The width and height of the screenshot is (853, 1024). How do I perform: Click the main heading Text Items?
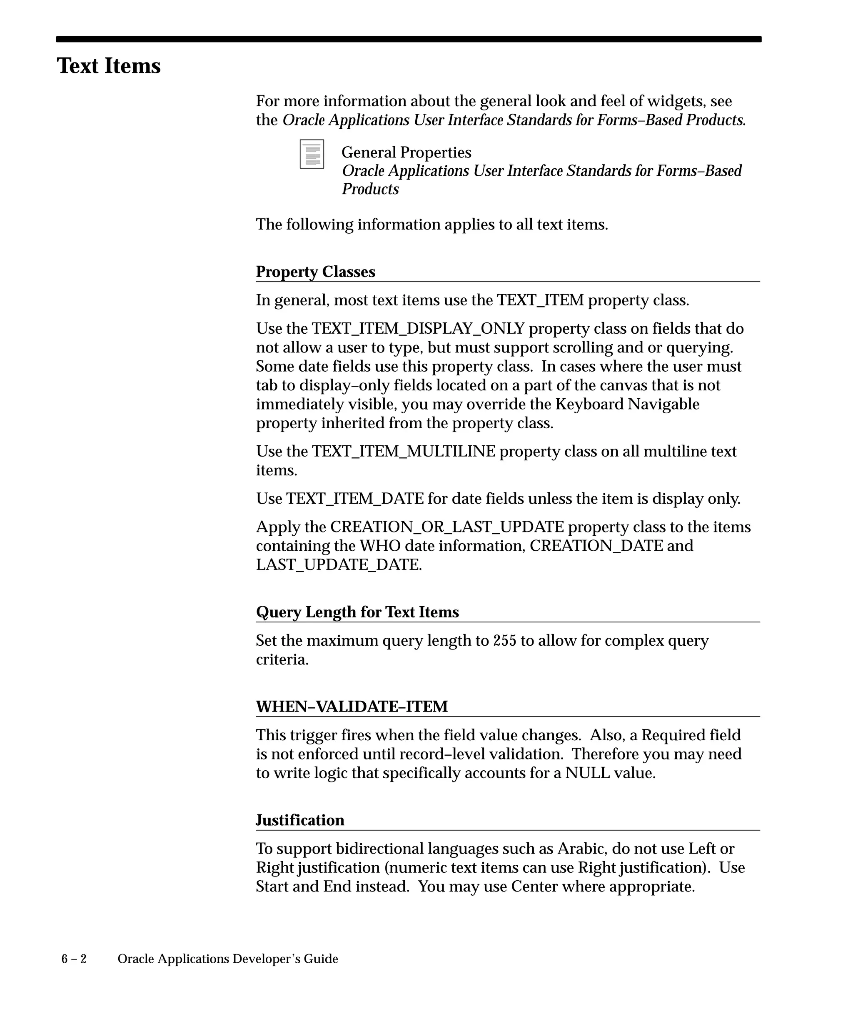[x=108, y=66]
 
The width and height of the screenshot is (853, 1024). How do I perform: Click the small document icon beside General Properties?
[x=312, y=154]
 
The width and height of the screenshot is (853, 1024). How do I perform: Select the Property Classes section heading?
[x=315, y=272]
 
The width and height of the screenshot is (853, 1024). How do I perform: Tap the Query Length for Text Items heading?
[x=357, y=612]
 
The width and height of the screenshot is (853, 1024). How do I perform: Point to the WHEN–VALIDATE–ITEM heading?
[x=352, y=707]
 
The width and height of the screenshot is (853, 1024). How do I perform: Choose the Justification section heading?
[x=300, y=820]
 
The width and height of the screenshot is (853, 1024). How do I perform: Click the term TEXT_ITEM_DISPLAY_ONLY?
[x=418, y=329]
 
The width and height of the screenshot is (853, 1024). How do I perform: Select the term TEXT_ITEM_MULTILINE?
[x=403, y=452]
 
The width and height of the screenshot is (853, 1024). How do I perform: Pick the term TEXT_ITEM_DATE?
[x=355, y=499]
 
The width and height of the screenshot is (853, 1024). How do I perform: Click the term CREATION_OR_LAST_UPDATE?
[x=446, y=527]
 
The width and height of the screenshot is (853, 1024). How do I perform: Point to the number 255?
[x=504, y=640]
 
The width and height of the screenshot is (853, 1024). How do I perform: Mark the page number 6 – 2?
[x=74, y=959]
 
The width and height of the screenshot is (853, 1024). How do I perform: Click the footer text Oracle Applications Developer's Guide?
[x=228, y=959]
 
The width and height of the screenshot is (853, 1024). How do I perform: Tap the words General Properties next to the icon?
[x=406, y=152]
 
